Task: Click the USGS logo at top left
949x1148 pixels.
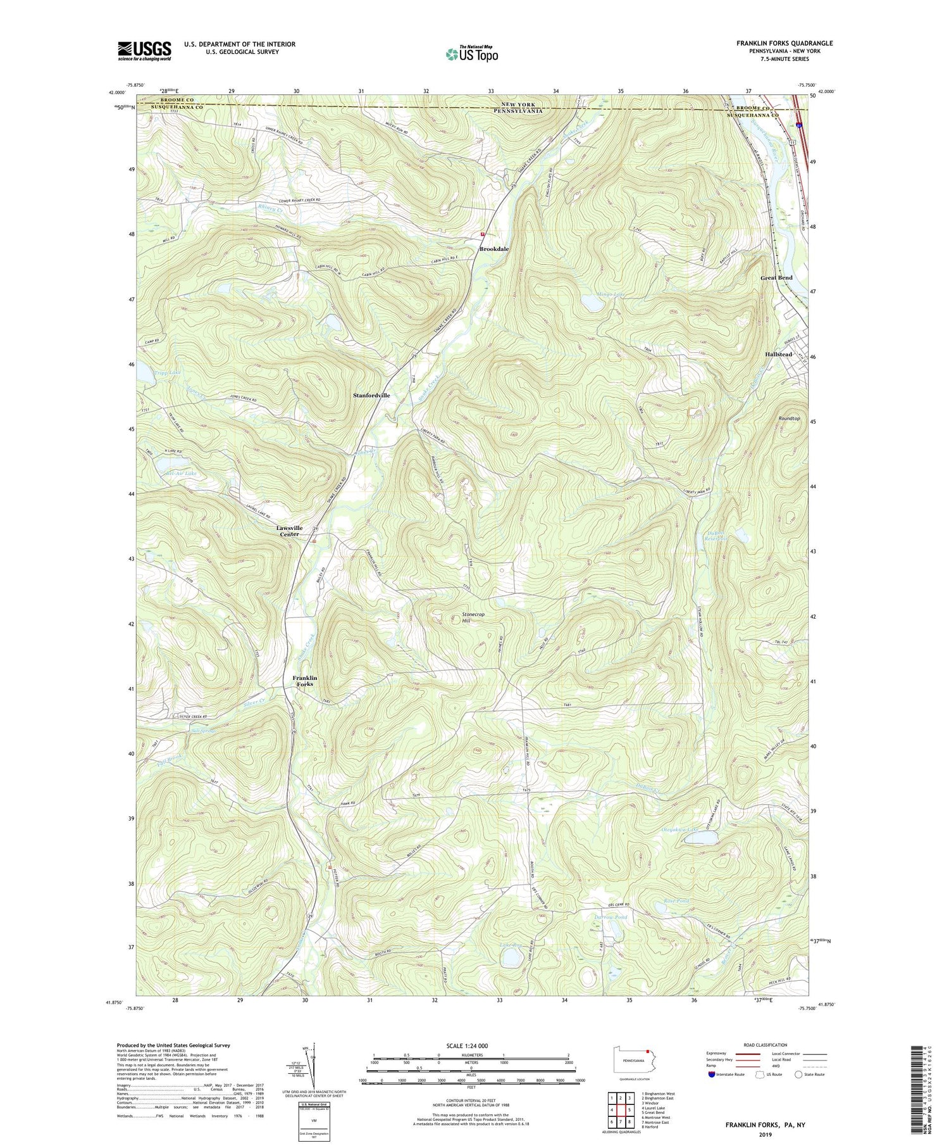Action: pos(144,51)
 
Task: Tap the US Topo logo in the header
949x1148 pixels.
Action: pos(471,54)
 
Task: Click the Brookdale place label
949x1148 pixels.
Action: pos(493,249)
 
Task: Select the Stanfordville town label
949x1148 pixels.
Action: pos(371,395)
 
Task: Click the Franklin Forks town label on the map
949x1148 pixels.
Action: pos(304,681)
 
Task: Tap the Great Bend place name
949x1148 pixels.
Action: pos(776,278)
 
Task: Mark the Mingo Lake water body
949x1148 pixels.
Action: pos(594,304)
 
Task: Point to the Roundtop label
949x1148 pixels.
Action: pos(789,419)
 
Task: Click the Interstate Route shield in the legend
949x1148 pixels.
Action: pos(712,1074)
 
